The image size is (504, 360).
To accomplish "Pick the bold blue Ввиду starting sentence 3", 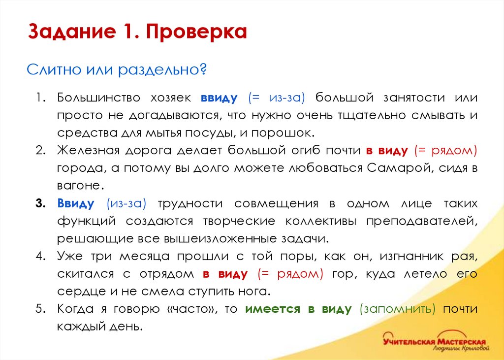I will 76,203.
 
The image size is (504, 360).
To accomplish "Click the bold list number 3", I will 40,203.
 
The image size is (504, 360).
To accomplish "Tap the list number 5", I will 40,309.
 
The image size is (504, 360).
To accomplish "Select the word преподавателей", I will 421,221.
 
